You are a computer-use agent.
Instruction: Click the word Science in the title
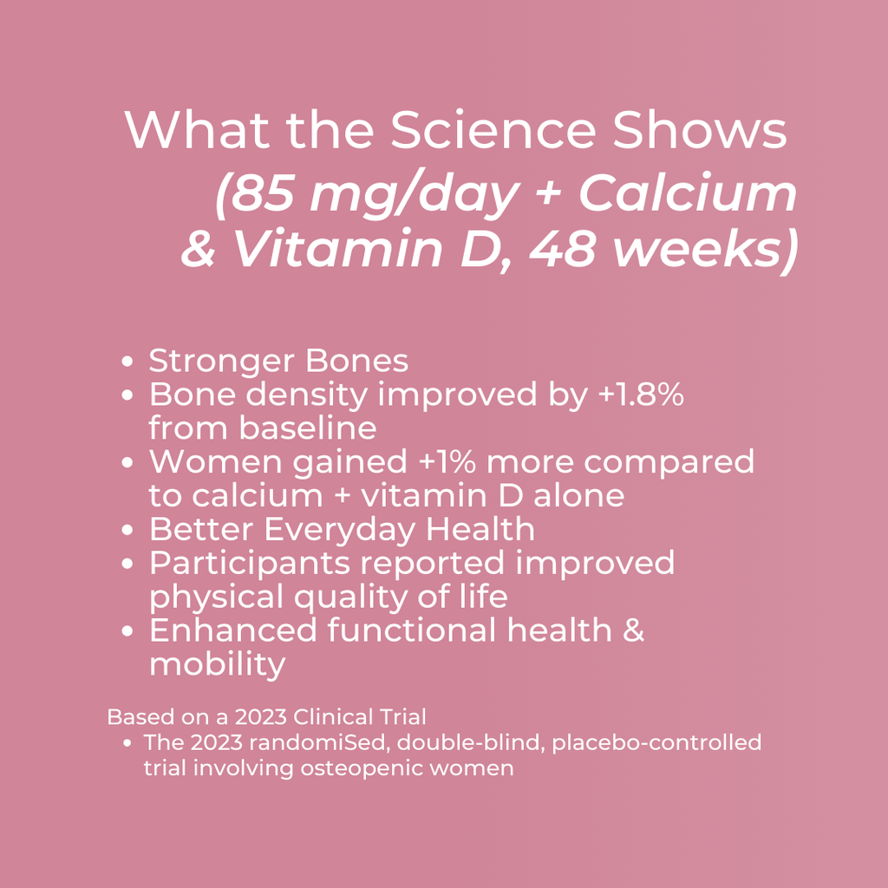coord(492,131)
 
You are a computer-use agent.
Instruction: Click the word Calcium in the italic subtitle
coord(688,194)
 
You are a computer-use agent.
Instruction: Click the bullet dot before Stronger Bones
coord(128,362)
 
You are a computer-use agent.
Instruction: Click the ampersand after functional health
coord(634,630)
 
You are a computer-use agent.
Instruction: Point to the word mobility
coord(217,664)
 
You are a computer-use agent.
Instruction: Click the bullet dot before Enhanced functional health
coord(128,632)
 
